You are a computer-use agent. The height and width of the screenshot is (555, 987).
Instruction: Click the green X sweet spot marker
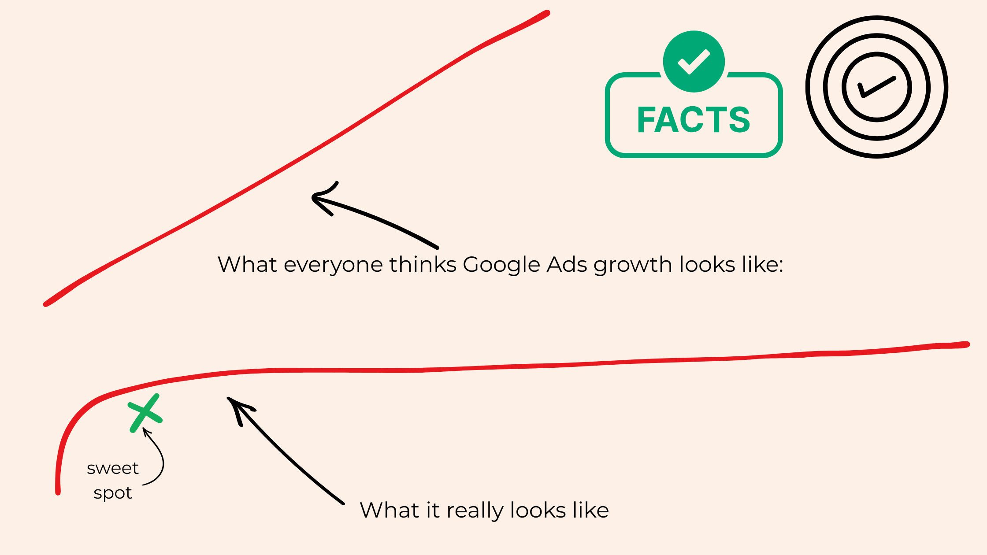click(x=145, y=413)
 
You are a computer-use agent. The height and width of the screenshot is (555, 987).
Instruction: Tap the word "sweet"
click(x=113, y=468)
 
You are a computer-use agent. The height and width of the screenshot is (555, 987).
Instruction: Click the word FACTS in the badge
click(x=694, y=120)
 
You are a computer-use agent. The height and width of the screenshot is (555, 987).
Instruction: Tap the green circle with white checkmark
click(x=694, y=61)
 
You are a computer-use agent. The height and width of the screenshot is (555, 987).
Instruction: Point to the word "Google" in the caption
click(x=502, y=265)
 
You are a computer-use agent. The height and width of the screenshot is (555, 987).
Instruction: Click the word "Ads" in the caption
click(x=567, y=265)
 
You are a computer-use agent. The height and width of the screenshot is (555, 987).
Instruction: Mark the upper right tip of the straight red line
click(x=547, y=13)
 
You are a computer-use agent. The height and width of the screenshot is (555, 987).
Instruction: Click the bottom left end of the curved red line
click(x=58, y=492)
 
